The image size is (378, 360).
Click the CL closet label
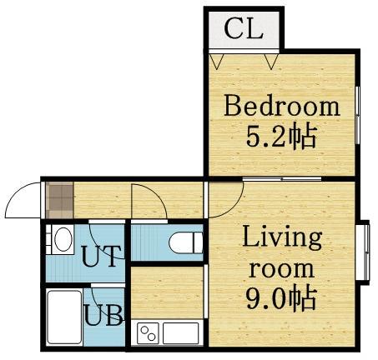coord(244,28)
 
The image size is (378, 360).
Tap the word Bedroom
coord(282,106)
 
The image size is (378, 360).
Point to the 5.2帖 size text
coord(281,137)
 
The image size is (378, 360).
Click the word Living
coord(282,237)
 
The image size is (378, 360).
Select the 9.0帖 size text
coord(281,298)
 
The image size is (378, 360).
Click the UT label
coord(101,256)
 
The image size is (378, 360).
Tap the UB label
coord(103,315)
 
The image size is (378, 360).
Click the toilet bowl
coord(186,242)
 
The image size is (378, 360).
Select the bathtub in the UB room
coord(65,317)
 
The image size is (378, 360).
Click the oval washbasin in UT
coord(63,239)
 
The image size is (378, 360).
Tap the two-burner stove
coord(148,333)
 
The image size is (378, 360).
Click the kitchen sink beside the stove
coord(181,333)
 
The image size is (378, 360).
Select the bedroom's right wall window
coord(358,115)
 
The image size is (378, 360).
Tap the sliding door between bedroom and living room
coord(282,178)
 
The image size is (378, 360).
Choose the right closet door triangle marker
coord(271,61)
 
